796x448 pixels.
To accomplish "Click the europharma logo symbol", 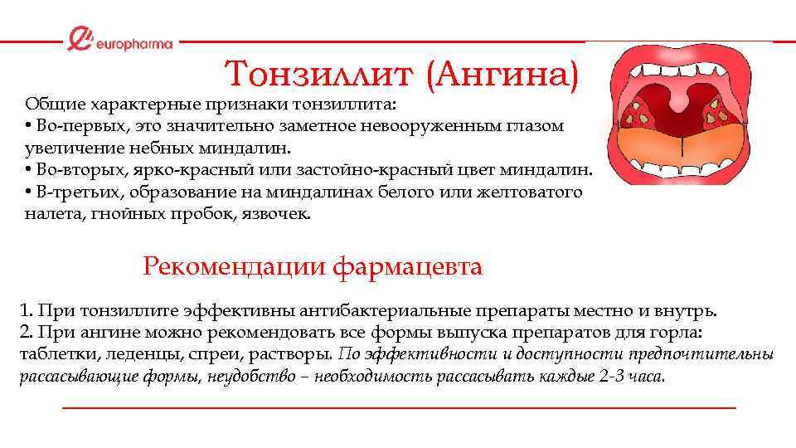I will tap(80, 39).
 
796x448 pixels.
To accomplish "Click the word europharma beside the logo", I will tap(133, 43).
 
